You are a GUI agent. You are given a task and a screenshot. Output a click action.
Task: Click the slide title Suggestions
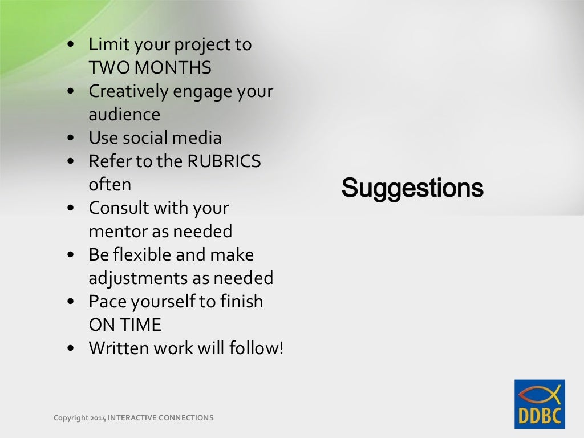pyautogui.click(x=412, y=188)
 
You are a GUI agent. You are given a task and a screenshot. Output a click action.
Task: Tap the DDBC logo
pyautogui.click(x=540, y=404)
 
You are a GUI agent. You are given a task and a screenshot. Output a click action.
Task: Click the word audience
pyautogui.click(x=124, y=115)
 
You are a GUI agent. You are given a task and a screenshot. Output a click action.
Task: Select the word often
pyautogui.click(x=109, y=185)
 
